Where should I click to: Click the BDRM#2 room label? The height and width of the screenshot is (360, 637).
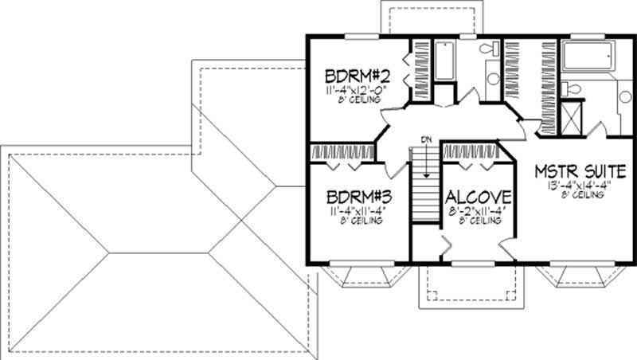tap(356, 76)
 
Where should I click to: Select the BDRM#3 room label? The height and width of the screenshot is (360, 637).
tap(356, 197)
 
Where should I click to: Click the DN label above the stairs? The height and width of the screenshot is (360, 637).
tap(426, 140)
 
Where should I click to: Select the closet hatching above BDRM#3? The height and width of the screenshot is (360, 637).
tap(342, 151)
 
